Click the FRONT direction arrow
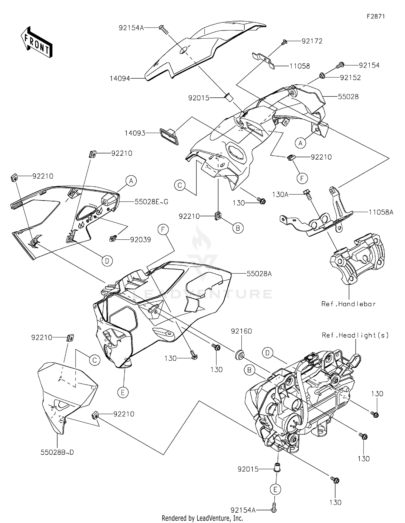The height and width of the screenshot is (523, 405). [36, 42]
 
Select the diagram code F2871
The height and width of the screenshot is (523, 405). [376, 16]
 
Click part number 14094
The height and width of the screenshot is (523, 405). [120, 79]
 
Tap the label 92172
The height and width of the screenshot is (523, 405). [312, 41]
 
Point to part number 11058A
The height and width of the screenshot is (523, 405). [381, 212]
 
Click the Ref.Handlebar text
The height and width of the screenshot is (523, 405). [348, 304]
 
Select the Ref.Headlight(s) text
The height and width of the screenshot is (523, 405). [355, 335]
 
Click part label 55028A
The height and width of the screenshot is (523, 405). [259, 274]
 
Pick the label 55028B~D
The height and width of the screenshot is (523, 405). [57, 452]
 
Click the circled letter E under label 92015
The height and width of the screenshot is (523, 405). [275, 489]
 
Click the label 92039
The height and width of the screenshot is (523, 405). [140, 240]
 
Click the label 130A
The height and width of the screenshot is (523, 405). [280, 194]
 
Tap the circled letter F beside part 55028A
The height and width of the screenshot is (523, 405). [163, 230]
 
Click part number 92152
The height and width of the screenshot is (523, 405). [350, 77]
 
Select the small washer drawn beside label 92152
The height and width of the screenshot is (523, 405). [322, 76]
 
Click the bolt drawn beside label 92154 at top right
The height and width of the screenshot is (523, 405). [340, 65]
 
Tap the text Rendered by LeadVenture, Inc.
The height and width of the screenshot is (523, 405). [202, 518]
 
